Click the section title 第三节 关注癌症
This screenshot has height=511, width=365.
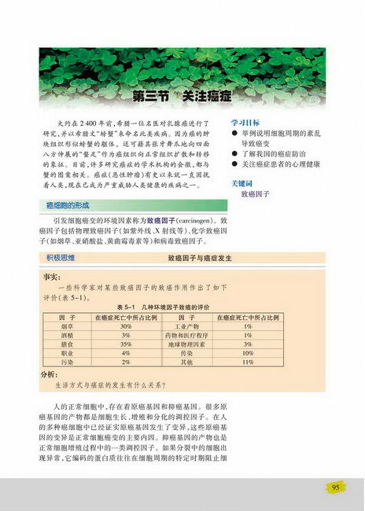click(182, 97)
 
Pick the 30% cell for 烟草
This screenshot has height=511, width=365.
click(124, 325)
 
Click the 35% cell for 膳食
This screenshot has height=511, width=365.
click(124, 344)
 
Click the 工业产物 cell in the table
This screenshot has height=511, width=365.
click(185, 325)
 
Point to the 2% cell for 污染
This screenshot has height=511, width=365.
click(124, 362)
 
